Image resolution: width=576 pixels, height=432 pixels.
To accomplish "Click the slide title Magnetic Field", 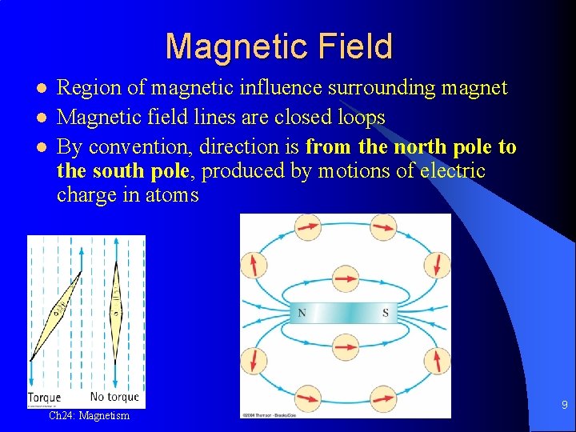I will [x=278, y=46].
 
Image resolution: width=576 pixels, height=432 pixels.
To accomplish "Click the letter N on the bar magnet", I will [x=302, y=313].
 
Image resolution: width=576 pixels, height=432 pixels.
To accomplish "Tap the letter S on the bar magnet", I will [x=386, y=313].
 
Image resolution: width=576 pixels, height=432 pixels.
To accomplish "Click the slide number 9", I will [x=564, y=406].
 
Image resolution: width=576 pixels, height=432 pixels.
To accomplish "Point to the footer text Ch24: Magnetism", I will [x=89, y=416].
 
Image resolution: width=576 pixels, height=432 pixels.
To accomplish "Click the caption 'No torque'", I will [x=114, y=397].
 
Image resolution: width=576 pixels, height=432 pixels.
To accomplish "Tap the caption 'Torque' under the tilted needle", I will [x=44, y=398].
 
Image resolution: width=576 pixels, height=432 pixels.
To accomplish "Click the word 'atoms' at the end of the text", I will [x=171, y=194].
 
